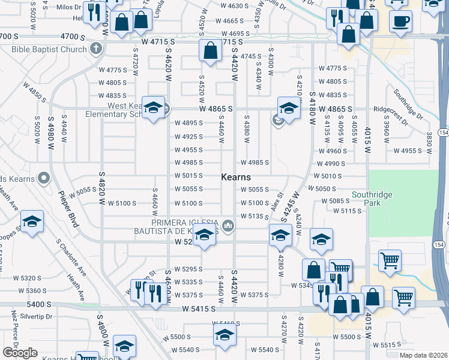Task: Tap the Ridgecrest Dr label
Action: coord(390,116)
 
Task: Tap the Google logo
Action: coord(19,353)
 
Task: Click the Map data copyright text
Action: coord(423,355)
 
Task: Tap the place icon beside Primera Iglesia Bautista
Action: coord(228,226)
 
